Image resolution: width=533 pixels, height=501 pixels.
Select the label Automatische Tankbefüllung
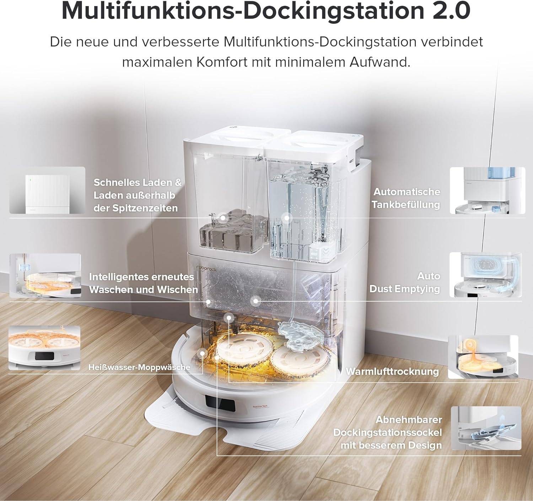(x=407, y=198)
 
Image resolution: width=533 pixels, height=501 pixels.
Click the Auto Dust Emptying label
(x=405, y=282)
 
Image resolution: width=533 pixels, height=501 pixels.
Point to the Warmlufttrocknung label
(x=392, y=371)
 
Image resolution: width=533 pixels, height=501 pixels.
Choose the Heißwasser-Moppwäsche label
(x=139, y=367)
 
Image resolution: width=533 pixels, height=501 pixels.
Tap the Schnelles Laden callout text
(x=137, y=195)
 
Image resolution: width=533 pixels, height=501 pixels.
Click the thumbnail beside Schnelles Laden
(x=47, y=190)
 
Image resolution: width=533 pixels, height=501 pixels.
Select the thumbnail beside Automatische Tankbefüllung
(x=487, y=190)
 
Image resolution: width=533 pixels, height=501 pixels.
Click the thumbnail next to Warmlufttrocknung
(x=483, y=357)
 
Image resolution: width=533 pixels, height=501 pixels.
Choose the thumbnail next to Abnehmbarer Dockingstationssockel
(x=486, y=428)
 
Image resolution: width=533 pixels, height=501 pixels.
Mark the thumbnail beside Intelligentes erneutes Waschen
(x=45, y=275)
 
